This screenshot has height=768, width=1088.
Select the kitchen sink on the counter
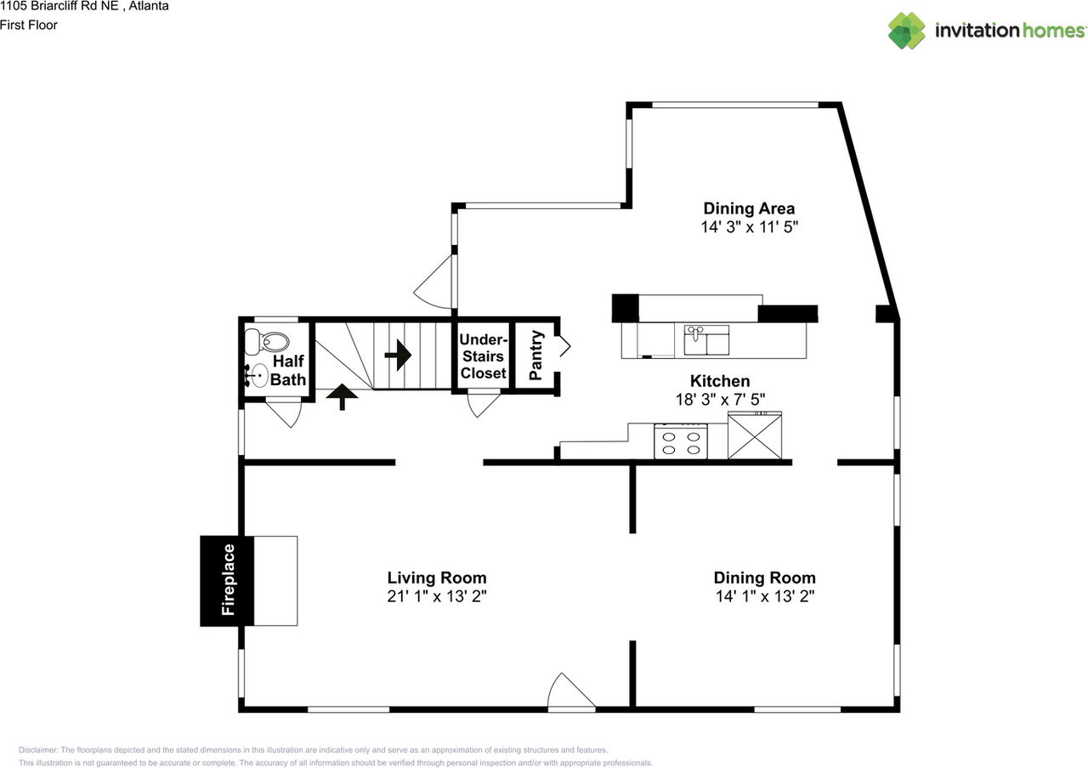click(706, 339)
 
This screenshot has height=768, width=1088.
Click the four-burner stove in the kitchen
click(681, 441)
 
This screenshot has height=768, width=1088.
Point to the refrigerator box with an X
click(755, 436)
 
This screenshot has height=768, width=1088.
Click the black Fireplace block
click(227, 581)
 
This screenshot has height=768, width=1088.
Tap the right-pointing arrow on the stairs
click(399, 356)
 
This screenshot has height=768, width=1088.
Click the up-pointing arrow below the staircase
click(342, 396)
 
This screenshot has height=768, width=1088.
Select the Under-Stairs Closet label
click(484, 356)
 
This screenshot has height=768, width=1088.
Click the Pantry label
click(535, 355)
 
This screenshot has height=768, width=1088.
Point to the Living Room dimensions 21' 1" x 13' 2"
click(437, 596)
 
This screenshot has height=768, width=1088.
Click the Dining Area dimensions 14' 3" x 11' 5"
click(749, 227)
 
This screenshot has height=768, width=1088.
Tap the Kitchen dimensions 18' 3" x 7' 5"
click(720, 400)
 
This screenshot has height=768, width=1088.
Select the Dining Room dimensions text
click(765, 596)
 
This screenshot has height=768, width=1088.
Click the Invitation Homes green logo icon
click(907, 31)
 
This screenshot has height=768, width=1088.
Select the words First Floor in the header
click(29, 26)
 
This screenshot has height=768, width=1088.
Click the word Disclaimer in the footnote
click(38, 750)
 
